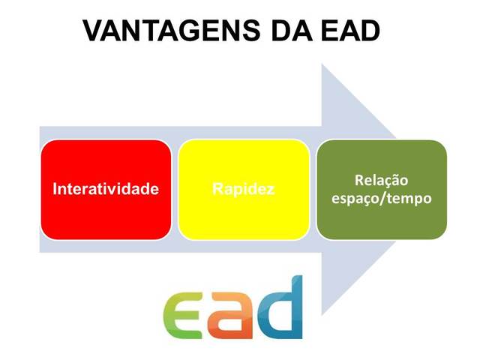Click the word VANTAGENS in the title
tap(172, 31)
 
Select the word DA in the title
tap(292, 31)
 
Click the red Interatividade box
tap(106, 190)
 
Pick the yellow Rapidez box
tap(244, 190)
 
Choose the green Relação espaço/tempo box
tap(382, 190)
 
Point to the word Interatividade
tap(106, 188)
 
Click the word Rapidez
tap(244, 189)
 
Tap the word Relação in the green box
tap(382, 180)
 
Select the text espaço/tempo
tap(382, 199)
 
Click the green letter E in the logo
tap(182, 314)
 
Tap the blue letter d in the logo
tap(280, 307)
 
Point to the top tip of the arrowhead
tap(322, 64)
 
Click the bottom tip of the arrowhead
tap(322, 315)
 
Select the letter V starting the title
tap(93, 31)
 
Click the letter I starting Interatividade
tap(55, 188)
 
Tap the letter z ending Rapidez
tap(271, 190)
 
